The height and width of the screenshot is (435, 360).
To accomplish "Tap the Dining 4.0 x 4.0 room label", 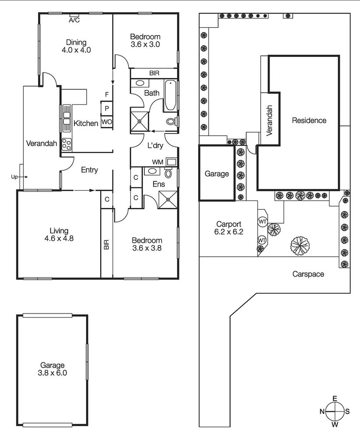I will (x=76, y=46).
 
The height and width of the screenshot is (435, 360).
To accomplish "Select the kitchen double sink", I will (x=66, y=117).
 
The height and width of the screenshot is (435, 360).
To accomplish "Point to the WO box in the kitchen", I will (x=106, y=122).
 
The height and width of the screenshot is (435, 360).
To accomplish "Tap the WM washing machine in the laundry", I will (x=171, y=162).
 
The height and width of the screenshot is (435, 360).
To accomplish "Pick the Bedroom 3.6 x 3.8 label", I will (x=147, y=244).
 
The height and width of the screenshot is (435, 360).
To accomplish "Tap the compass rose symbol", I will (x=335, y=411).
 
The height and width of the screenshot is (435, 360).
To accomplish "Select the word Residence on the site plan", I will (x=309, y=120).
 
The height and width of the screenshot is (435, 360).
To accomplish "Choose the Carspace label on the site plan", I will (x=308, y=274).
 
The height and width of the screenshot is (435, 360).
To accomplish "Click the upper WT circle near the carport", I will (x=262, y=221).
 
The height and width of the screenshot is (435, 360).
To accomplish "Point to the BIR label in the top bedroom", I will (x=154, y=73).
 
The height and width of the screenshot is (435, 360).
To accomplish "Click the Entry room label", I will (x=89, y=170).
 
